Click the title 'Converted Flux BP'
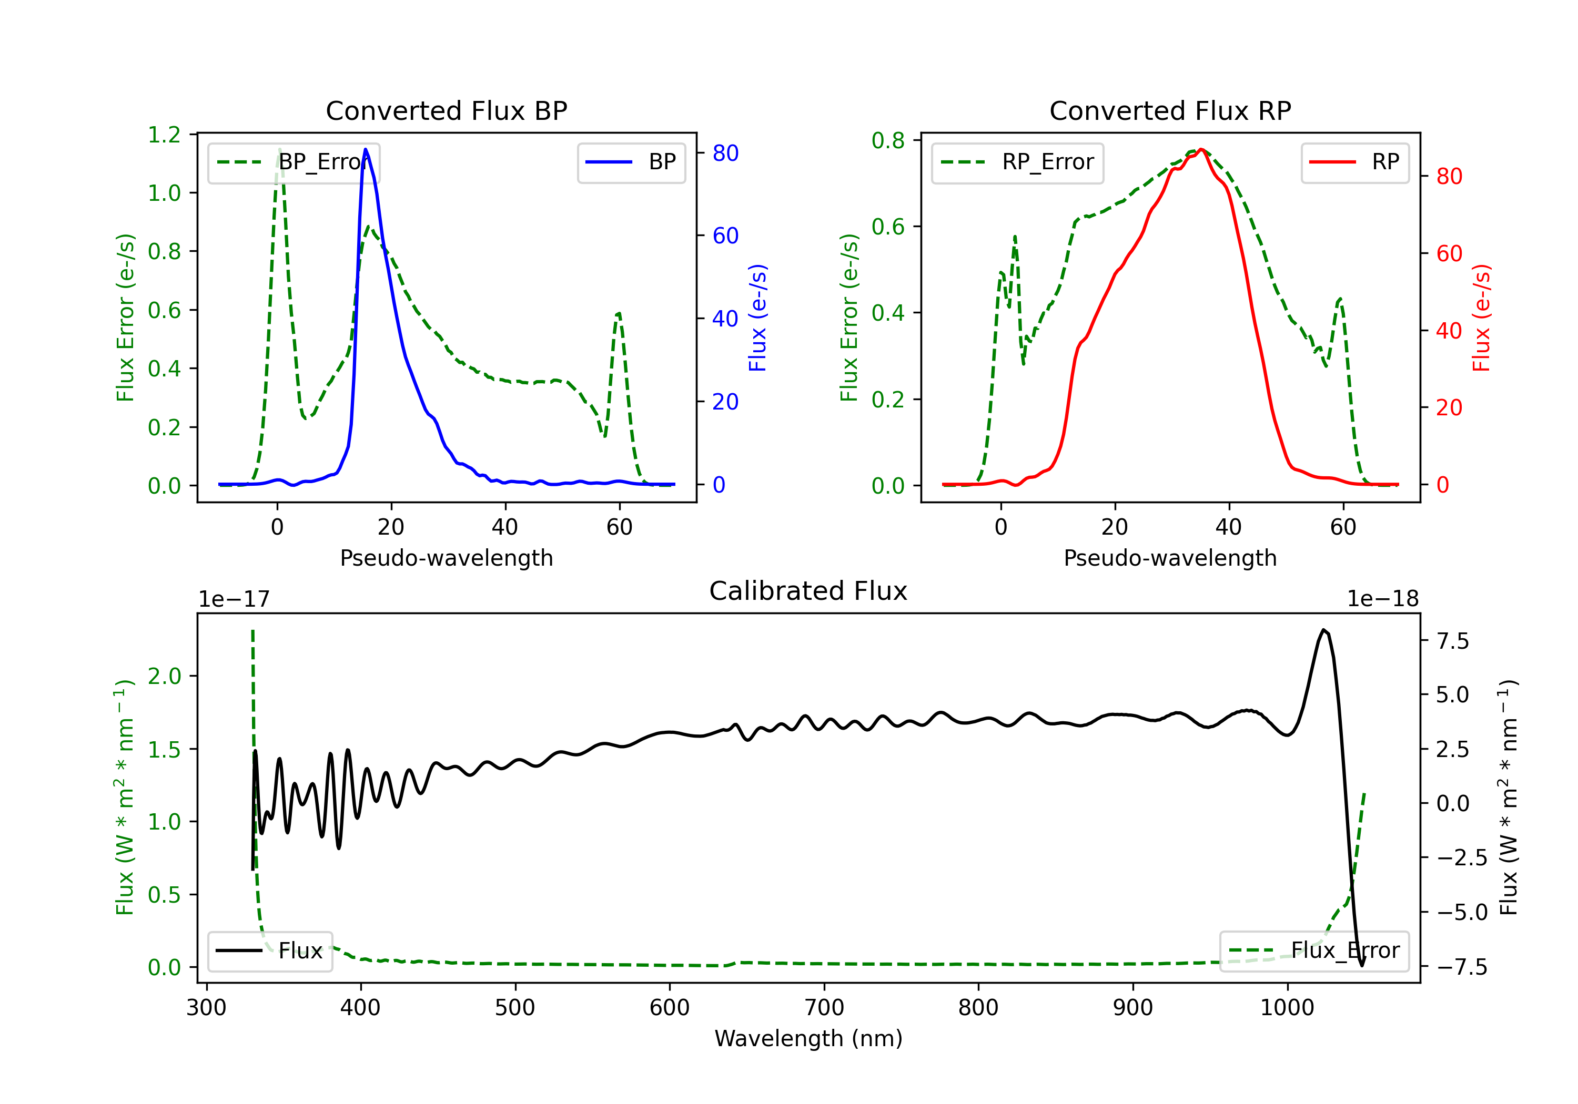(446, 110)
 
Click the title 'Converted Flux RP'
(1170, 110)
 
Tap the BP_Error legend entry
(294, 162)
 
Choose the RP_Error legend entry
(1017, 162)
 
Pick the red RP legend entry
(1354, 162)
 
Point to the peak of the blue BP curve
(366, 149)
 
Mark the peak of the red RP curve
(1201, 149)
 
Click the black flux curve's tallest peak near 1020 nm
(1323, 629)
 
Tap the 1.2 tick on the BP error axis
(165, 135)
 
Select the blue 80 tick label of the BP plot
(726, 153)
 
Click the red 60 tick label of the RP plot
(1450, 253)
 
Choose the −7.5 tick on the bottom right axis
(1462, 967)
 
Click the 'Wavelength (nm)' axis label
(808, 1039)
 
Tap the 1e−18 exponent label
(1383, 599)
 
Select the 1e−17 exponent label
(234, 599)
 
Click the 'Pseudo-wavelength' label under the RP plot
(1170, 558)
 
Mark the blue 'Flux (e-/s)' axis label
(757, 318)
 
